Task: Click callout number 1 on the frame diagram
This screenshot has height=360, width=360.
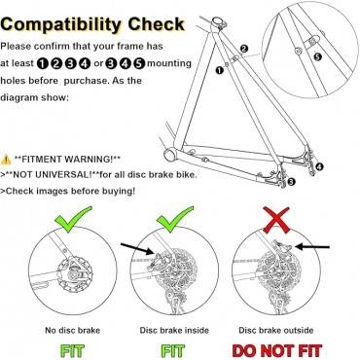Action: pyautogui.click(x=220, y=70)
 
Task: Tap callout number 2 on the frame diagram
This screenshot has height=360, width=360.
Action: pyautogui.click(x=243, y=47)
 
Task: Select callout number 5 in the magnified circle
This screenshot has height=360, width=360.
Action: pyautogui.click(x=316, y=56)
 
